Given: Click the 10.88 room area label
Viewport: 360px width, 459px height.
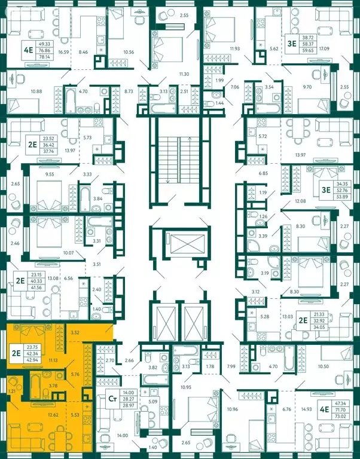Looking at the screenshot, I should (29, 91).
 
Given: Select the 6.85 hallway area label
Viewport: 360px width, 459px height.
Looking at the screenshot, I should (263, 173).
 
